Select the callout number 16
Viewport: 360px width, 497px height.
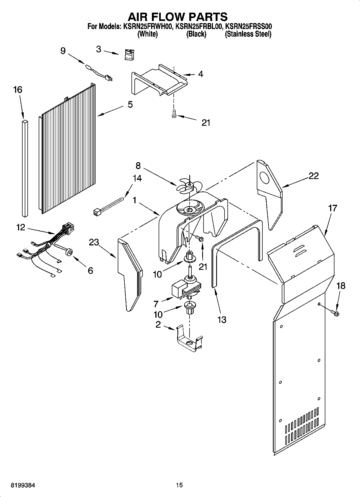tap(17, 90)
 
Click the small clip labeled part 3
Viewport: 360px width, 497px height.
tap(130, 55)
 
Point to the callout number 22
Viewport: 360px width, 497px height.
tap(313, 176)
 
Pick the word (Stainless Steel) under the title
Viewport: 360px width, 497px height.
tap(248, 34)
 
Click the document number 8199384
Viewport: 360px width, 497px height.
tap(23, 485)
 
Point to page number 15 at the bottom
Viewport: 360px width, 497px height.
tap(179, 485)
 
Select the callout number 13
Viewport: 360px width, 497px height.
tap(222, 320)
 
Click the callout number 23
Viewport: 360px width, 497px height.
tap(94, 242)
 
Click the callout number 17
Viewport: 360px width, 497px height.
tap(333, 208)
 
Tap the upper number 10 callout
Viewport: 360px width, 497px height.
tap(158, 274)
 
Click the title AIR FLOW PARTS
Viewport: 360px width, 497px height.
tap(177, 17)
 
